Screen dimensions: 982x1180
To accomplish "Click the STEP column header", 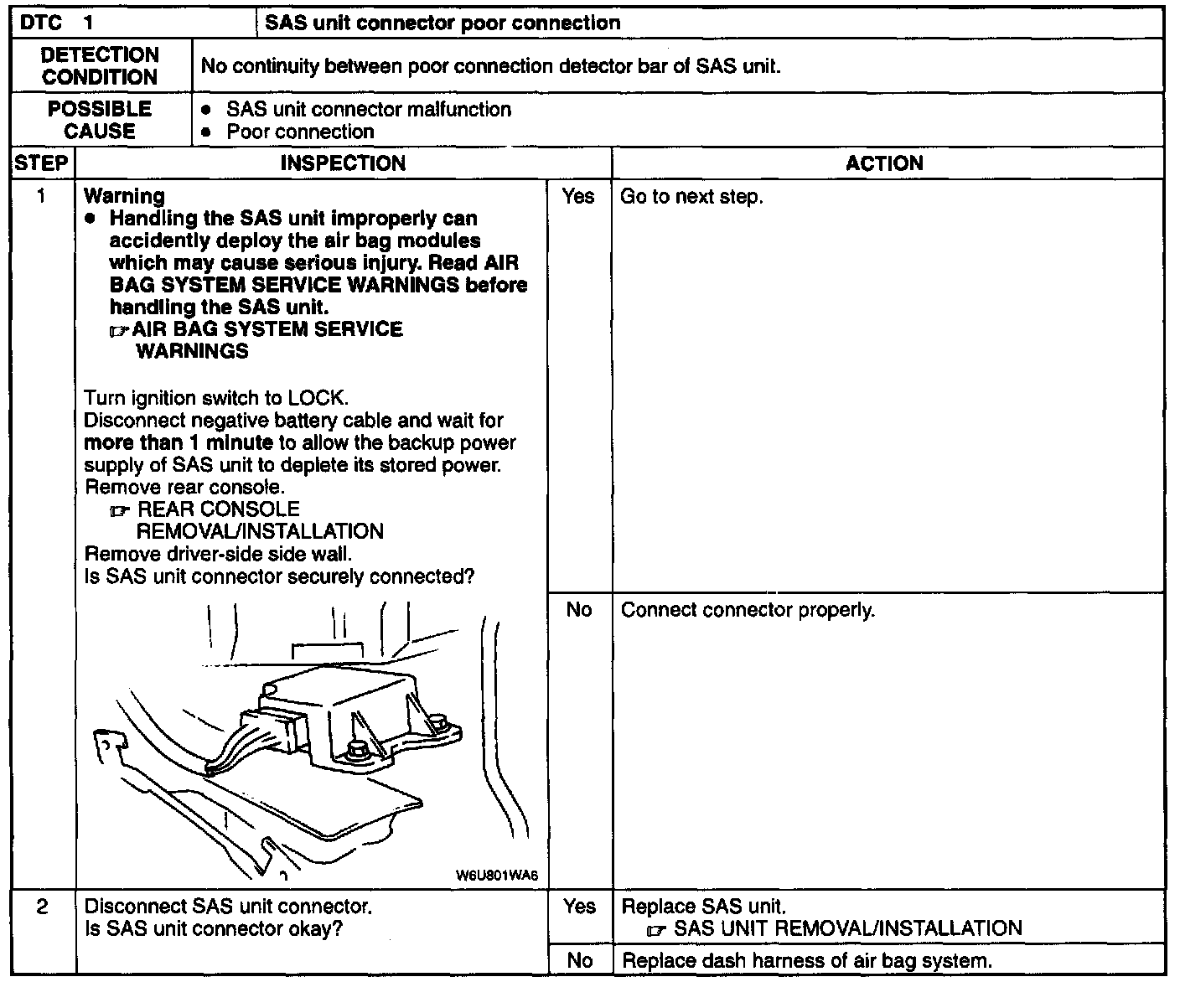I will click(x=41, y=163).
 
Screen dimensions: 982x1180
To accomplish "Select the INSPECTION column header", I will click(x=343, y=163).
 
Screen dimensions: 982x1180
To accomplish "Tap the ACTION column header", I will click(x=884, y=163).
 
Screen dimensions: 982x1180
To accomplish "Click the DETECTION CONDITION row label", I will click(x=100, y=65).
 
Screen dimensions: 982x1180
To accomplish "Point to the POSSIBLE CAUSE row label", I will click(x=100, y=120).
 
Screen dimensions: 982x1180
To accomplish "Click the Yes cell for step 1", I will click(x=578, y=196).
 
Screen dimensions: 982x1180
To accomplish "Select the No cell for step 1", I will click(x=578, y=609).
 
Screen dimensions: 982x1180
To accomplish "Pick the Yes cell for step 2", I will click(x=578, y=907).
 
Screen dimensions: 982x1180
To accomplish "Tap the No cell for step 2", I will click(x=578, y=960).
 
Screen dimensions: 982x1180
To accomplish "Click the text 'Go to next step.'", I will click(x=691, y=197).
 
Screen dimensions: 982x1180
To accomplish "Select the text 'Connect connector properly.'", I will click(x=748, y=610).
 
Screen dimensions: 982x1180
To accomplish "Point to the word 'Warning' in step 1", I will click(x=125, y=196).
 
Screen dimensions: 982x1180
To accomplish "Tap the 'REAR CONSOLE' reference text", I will click(x=218, y=509).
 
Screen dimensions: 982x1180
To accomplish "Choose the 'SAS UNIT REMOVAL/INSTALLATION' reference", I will click(x=847, y=928).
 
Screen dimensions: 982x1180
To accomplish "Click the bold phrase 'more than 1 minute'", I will click(x=179, y=442).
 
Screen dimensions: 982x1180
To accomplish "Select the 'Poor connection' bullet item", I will click(x=299, y=132).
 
